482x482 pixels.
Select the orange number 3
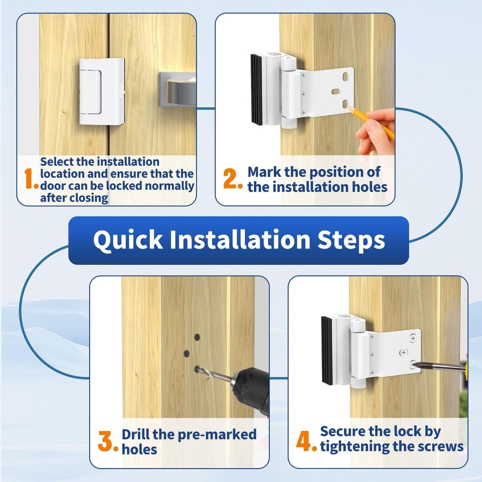[x=108, y=442]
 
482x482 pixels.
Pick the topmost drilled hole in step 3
[x=197, y=337]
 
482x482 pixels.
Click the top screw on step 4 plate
[x=413, y=336]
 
